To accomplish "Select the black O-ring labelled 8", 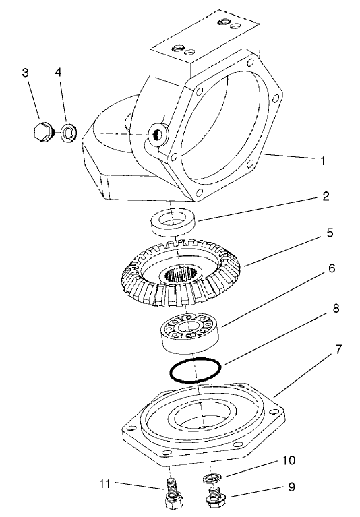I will [x=195, y=370].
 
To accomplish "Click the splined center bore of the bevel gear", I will [x=181, y=274].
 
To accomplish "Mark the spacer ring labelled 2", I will [x=172, y=222].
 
